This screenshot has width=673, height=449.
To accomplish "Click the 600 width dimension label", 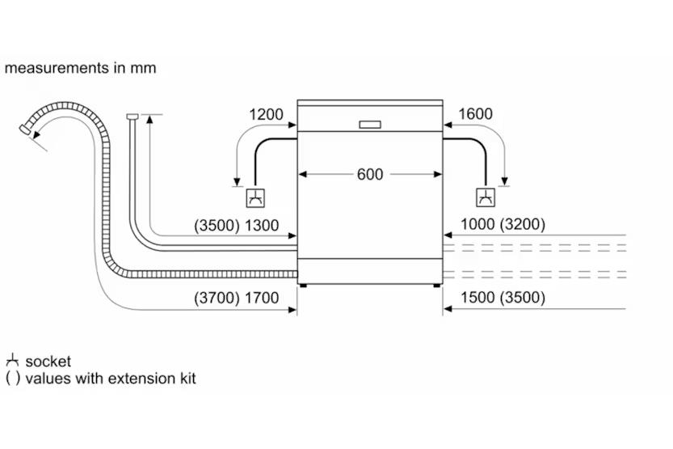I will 370,174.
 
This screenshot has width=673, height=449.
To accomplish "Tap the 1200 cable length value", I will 267,114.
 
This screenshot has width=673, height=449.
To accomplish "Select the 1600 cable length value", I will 475,114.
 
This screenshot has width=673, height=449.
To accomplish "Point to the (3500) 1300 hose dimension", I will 236,224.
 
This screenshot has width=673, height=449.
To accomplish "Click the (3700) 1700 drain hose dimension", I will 236,298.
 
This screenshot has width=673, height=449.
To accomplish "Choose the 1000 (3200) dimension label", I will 503,224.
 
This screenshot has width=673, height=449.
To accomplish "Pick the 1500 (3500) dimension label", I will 503,298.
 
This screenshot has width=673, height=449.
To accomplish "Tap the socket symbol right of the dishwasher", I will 486,197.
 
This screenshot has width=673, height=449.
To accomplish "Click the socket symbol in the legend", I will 12,361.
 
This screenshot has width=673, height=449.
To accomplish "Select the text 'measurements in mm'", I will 80,68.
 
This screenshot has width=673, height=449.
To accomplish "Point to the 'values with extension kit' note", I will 110,378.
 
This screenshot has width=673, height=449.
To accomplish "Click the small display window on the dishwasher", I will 369,125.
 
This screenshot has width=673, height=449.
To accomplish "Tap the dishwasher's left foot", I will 303,285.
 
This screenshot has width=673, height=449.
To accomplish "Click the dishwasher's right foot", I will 437,285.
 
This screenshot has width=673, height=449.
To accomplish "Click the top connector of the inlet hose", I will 132,117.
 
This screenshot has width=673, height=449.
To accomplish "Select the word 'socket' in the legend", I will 48,362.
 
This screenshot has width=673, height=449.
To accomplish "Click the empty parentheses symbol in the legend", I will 12,378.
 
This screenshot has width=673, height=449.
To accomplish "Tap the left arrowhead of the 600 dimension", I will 302,174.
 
